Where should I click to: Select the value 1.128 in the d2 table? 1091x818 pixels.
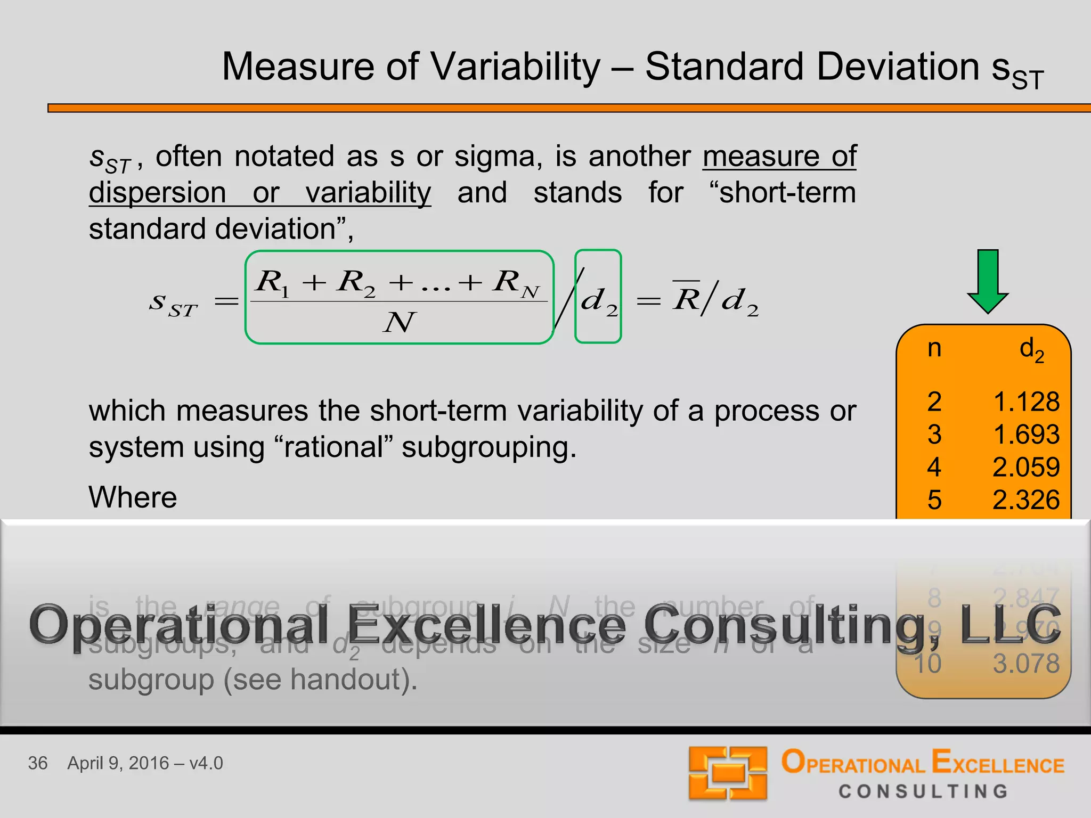pyautogui.click(x=1026, y=402)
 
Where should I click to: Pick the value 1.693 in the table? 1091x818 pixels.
pyautogui.click(x=1026, y=435)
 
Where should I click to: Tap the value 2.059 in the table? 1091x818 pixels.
pyautogui.click(x=1026, y=467)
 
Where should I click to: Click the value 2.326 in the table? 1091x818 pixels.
pyautogui.click(x=1026, y=500)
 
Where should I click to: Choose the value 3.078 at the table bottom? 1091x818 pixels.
pyautogui.click(x=1026, y=664)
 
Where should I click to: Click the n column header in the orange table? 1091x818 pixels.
pyautogui.click(x=934, y=348)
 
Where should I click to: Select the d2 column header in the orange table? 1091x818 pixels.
pyautogui.click(x=1031, y=349)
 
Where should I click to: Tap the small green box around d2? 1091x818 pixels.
pyautogui.click(x=598, y=297)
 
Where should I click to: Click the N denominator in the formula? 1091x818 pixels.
pyautogui.click(x=398, y=322)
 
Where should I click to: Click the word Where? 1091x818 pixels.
pyautogui.click(x=133, y=497)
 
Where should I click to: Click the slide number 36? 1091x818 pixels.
pyautogui.click(x=38, y=763)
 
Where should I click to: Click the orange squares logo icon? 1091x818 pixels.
pyautogui.click(x=728, y=773)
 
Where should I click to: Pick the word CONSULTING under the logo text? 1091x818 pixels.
pyautogui.click(x=923, y=791)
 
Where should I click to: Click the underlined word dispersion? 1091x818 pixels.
pyautogui.click(x=157, y=192)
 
